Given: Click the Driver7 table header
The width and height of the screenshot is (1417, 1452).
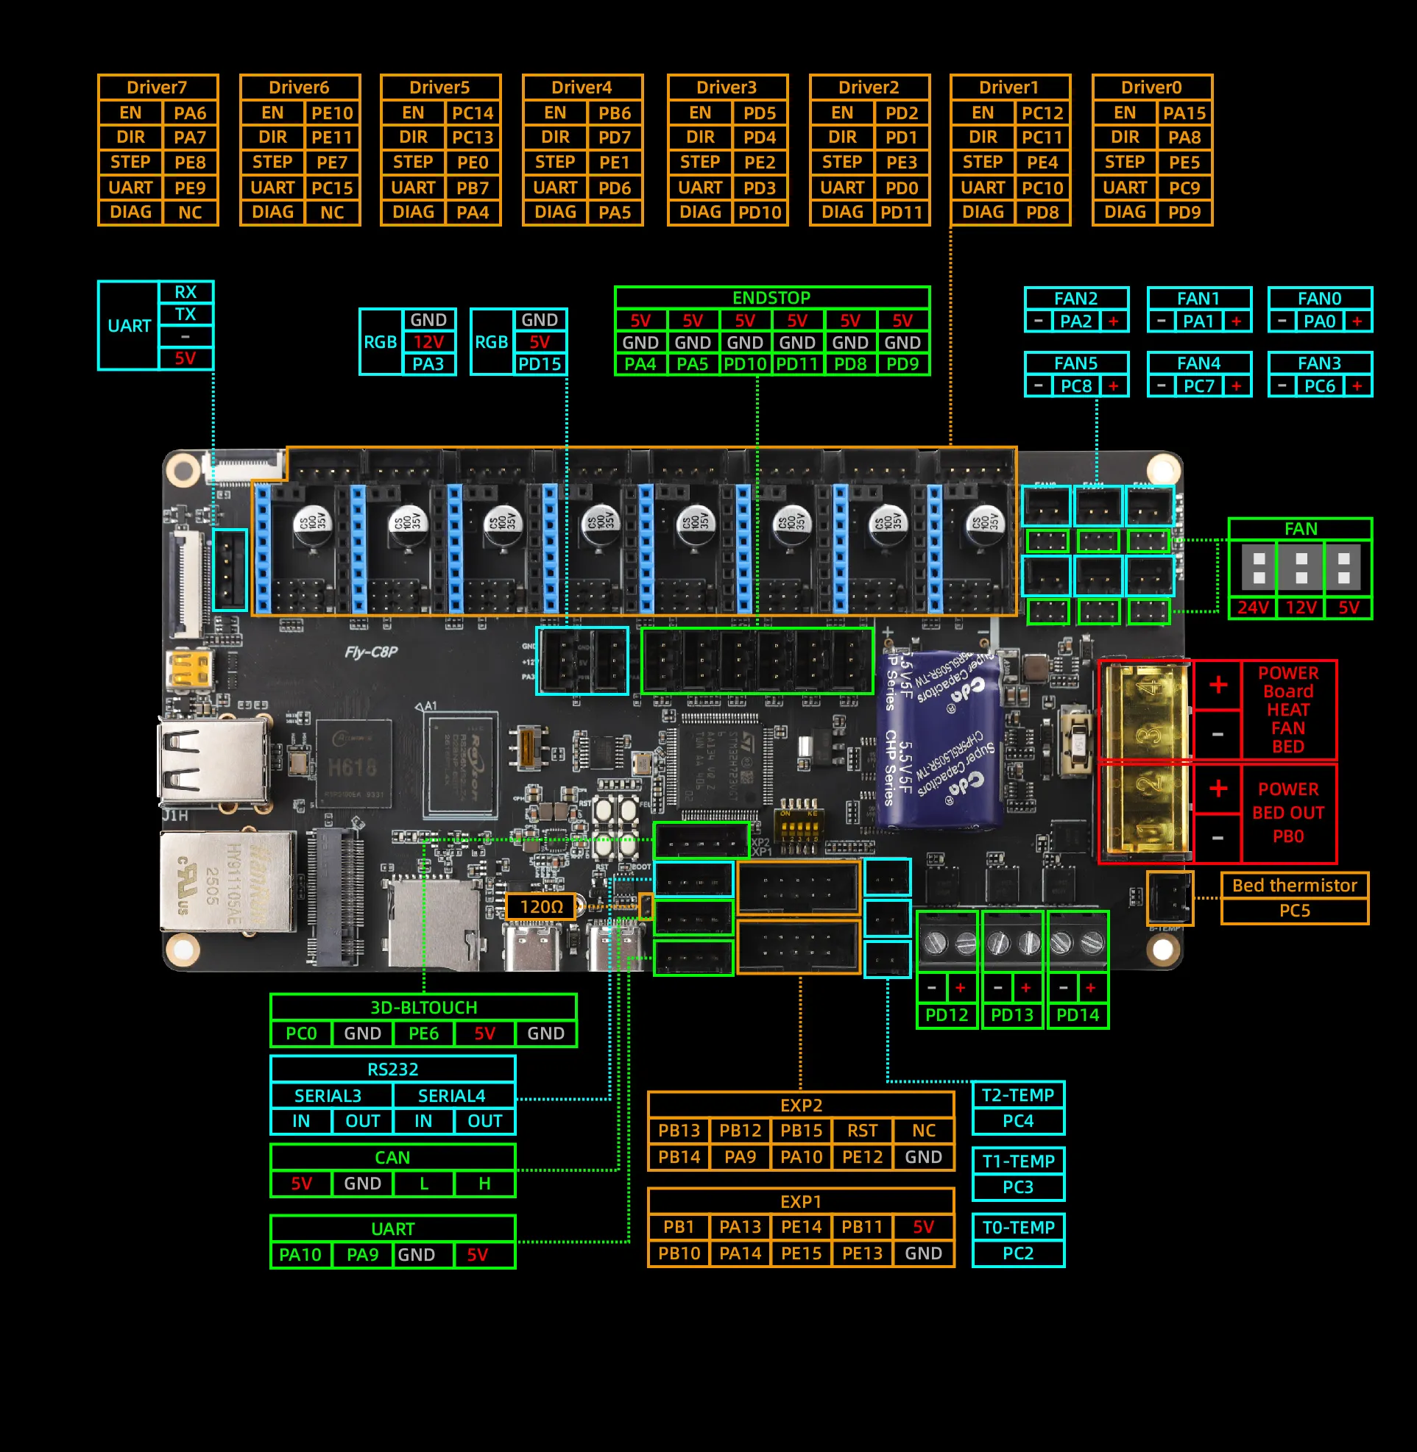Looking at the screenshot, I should pyautogui.click(x=157, y=87).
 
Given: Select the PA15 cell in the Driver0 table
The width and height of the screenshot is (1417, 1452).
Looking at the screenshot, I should pyautogui.click(x=1184, y=113).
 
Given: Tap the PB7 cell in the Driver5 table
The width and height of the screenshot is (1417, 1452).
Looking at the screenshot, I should pyautogui.click(x=473, y=188).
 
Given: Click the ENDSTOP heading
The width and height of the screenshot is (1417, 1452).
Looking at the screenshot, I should pyautogui.click(x=771, y=298).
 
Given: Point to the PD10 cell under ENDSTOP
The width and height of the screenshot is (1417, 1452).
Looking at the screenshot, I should pyautogui.click(x=745, y=364).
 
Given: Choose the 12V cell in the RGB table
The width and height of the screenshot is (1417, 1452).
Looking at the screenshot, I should pyautogui.click(x=428, y=342).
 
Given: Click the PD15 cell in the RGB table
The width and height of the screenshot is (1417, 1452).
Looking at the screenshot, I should pyautogui.click(x=540, y=364).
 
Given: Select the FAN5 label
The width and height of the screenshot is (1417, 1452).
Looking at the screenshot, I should pyautogui.click(x=1075, y=363).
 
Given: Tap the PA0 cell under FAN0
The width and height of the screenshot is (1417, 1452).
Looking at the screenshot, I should pyautogui.click(x=1320, y=321).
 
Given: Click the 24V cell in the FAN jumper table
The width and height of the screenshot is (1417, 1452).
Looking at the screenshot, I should pyautogui.click(x=1253, y=608).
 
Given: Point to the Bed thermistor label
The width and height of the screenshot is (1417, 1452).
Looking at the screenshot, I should pyautogui.click(x=1294, y=885).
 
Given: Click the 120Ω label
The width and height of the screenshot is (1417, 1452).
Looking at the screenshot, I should pyautogui.click(x=541, y=907).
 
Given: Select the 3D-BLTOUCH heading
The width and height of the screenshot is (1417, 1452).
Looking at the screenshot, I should pyautogui.click(x=423, y=1007).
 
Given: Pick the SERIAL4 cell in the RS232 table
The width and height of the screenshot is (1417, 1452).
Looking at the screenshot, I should pyautogui.click(x=451, y=1096).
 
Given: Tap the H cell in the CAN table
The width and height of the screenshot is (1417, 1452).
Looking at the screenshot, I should pyautogui.click(x=484, y=1184).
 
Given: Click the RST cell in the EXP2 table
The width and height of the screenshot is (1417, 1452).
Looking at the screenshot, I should pyautogui.click(x=862, y=1131).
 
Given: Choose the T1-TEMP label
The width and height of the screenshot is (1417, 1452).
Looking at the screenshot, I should pyautogui.click(x=1018, y=1161).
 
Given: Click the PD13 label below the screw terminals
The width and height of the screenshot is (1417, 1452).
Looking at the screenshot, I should pyautogui.click(x=1012, y=1015).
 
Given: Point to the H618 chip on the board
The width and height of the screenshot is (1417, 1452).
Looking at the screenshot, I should pyautogui.click(x=353, y=766).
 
